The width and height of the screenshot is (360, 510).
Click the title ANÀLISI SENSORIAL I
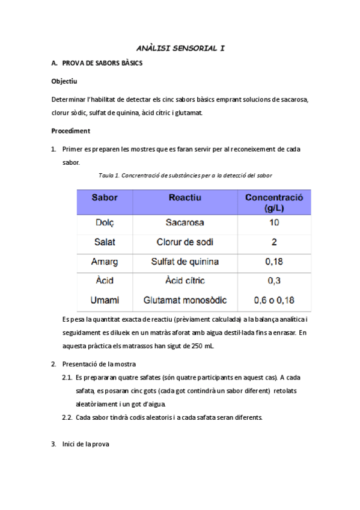pos(180,48)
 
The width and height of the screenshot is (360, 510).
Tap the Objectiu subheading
pos(64,81)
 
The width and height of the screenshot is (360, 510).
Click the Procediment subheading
pos(70,131)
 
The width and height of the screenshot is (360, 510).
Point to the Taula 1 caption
pos(186,176)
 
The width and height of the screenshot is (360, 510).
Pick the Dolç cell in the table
pos(105,223)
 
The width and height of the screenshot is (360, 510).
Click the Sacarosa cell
pos(185,223)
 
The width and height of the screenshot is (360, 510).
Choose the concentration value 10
pos(274,223)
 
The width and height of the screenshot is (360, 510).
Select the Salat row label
pos(105,242)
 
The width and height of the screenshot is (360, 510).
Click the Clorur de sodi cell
pos(185,242)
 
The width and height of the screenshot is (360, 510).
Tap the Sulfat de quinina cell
pos(185,262)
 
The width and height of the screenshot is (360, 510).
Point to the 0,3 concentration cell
pos(274,281)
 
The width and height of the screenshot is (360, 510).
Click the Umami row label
pos(105,300)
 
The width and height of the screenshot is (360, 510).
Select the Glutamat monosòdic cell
pos(185,300)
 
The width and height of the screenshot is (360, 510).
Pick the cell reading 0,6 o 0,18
pos(274,300)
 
